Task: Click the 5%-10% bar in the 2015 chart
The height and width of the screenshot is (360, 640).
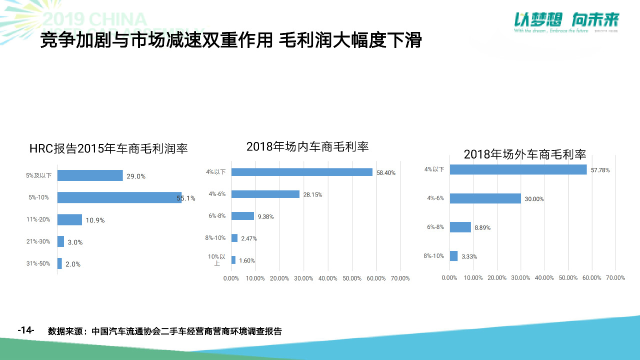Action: click(x=119, y=197)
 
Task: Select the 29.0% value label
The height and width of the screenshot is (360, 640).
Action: click(x=136, y=176)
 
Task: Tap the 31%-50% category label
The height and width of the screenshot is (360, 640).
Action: click(x=38, y=263)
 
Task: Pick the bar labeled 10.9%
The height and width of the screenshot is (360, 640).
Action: click(x=69, y=219)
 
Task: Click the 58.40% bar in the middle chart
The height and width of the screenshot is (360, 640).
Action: click(x=301, y=172)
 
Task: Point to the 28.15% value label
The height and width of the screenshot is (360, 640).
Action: click(x=312, y=194)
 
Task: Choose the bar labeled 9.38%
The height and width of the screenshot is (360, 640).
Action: click(x=242, y=216)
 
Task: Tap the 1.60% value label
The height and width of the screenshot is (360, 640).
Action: click(x=247, y=260)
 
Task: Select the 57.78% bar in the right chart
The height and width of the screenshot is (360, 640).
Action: click(x=518, y=169)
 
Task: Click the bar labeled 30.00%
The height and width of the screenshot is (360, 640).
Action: click(x=485, y=198)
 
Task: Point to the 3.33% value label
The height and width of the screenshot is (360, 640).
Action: click(x=469, y=256)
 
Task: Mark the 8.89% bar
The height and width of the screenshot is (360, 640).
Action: click(x=460, y=227)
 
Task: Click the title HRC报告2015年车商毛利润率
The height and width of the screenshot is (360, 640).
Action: click(x=108, y=149)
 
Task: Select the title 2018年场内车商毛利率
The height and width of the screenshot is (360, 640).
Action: click(x=307, y=146)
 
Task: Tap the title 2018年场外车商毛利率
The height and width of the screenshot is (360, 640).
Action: click(x=525, y=154)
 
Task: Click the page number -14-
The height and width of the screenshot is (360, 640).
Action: click(x=25, y=330)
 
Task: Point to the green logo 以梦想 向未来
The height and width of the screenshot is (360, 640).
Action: click(x=567, y=20)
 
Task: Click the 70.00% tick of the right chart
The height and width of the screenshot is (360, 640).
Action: click(x=615, y=278)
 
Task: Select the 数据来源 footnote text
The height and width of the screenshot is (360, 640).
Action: click(x=165, y=331)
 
